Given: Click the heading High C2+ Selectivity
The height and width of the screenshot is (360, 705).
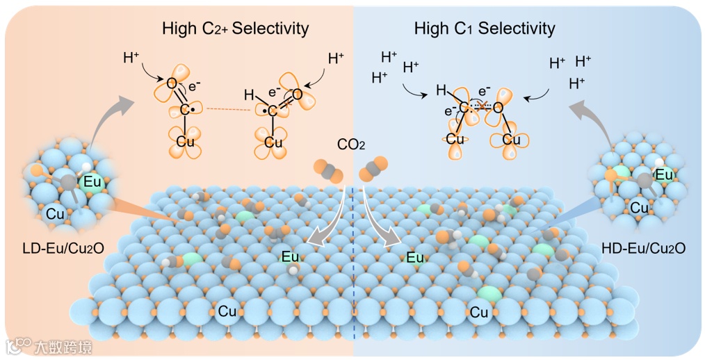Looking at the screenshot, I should (x=235, y=28).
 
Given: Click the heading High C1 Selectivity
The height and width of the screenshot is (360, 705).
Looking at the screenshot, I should (x=485, y=28).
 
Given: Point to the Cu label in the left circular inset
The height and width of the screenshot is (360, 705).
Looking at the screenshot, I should (x=56, y=215).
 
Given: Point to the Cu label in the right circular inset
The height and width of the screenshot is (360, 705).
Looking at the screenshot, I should (x=640, y=206).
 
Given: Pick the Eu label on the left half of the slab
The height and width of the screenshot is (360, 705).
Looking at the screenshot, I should (x=291, y=257).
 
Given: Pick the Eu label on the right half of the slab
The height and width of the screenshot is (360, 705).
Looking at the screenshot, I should (x=415, y=258).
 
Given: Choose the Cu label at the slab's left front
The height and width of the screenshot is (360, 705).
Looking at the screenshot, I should (x=227, y=311).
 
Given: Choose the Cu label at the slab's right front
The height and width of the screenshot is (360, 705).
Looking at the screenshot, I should (x=479, y=312).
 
